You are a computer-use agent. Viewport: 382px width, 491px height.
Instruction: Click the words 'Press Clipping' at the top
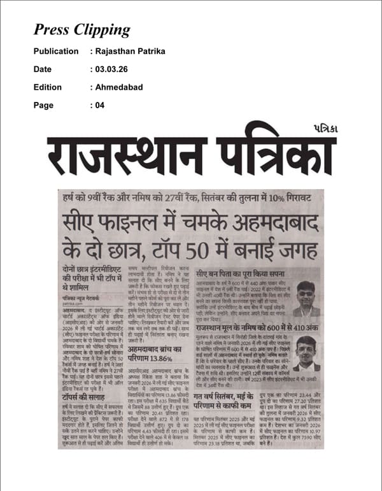(x=81, y=30)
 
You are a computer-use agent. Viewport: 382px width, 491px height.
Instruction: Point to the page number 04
(x=100, y=105)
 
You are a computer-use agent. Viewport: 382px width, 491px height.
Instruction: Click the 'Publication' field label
(x=56, y=51)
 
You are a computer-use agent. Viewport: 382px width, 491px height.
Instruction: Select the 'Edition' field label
(x=48, y=87)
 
